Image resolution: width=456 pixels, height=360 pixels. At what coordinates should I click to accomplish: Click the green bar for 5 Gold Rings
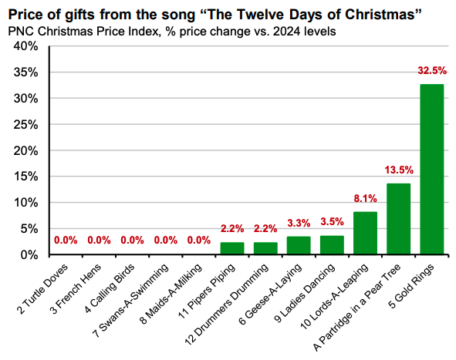pos(431,170)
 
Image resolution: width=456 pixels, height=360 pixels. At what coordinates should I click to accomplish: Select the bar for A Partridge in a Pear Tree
pos(398,219)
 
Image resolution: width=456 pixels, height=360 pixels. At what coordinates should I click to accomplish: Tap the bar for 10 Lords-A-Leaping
pos(365,233)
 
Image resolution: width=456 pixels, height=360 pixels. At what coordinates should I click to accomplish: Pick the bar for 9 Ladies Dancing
pos(332,245)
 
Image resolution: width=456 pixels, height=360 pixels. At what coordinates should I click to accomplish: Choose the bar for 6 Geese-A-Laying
pos(299,246)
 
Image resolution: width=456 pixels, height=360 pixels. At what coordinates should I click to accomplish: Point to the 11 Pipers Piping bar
pos(232,248)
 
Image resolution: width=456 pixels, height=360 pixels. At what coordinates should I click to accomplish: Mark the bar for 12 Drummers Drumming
pos(265,248)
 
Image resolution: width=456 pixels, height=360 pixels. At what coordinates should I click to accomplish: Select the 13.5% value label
pos(398,169)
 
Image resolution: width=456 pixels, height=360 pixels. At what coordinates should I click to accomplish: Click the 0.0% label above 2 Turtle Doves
pos(66,240)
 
